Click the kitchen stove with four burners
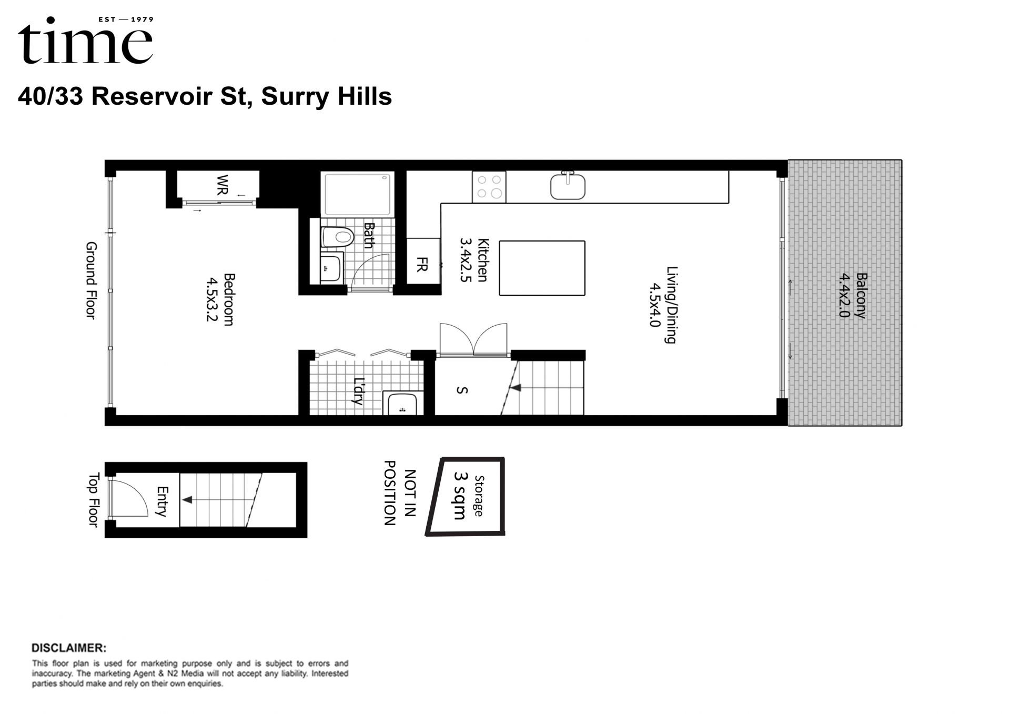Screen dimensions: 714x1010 point(489,187)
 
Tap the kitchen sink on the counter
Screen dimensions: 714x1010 point(568,186)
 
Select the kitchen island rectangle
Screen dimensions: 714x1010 point(542,268)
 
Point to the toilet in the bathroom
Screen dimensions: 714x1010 point(337,237)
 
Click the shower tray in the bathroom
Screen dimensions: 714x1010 point(357,194)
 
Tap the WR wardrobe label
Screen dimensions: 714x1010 point(223,185)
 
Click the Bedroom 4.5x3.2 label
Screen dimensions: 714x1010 point(220,299)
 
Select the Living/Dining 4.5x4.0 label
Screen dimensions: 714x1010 point(663,305)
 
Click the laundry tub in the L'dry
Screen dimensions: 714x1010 point(402,404)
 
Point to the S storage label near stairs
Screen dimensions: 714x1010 point(462,390)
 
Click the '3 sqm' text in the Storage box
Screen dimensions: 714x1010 point(460,496)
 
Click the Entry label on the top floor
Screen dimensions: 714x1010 point(163,501)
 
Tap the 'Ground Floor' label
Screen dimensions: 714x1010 point(92,280)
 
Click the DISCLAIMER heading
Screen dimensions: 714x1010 point(69,648)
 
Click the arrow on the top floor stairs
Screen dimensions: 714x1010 point(187,500)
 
